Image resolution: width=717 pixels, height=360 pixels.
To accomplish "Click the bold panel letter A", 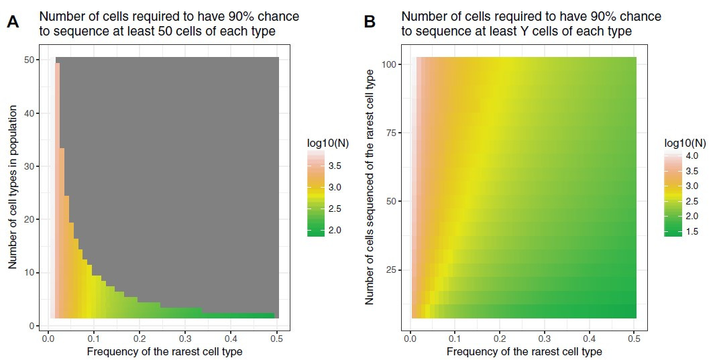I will click(13, 22).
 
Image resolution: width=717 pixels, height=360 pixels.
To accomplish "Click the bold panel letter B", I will click(370, 22).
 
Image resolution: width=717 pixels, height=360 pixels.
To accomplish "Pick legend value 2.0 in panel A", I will click(339, 230).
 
